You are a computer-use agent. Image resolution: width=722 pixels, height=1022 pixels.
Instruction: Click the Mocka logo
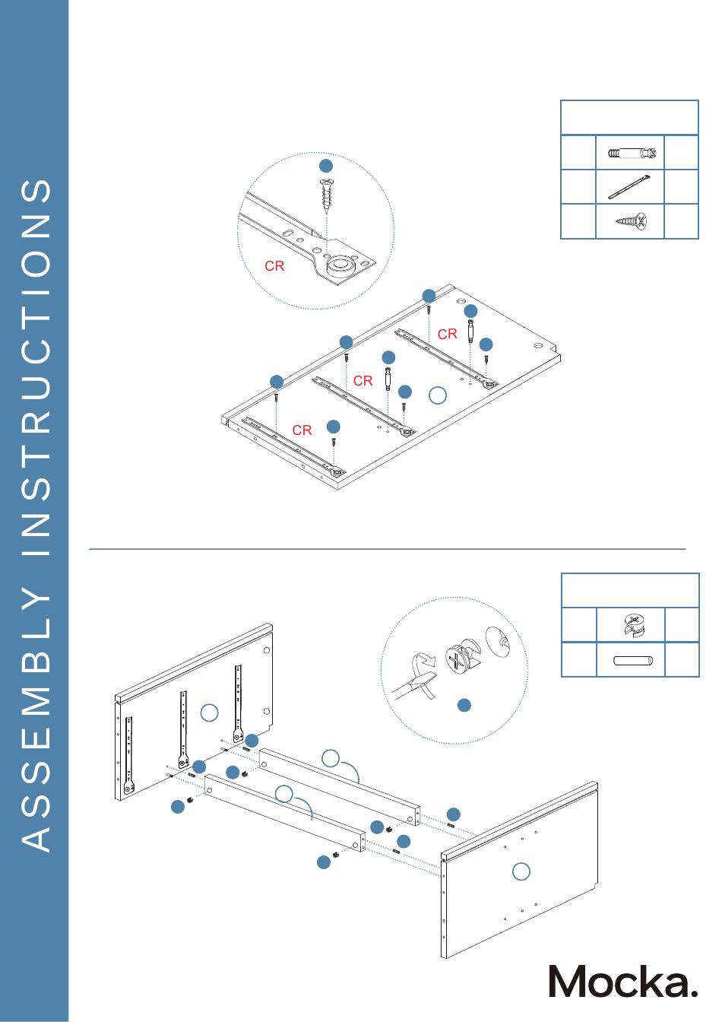coord(622,980)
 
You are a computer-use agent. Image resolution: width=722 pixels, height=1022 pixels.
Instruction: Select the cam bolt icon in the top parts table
coord(630,154)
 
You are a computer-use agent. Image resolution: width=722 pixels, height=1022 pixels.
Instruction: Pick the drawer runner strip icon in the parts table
coord(630,188)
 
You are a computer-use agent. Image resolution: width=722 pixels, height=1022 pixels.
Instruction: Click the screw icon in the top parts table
coord(630,222)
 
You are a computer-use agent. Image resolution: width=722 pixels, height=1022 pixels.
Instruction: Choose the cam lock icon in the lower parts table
coord(631,625)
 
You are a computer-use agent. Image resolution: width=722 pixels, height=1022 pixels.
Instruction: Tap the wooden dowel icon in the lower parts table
coord(631,660)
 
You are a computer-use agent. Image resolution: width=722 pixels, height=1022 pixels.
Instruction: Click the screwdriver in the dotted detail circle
coord(415,681)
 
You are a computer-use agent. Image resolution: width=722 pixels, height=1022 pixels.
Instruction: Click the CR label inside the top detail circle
coord(274,266)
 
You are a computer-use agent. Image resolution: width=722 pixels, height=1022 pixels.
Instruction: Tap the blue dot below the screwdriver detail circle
coord(464,706)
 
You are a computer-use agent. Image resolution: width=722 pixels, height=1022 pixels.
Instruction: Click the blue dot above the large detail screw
coord(325,166)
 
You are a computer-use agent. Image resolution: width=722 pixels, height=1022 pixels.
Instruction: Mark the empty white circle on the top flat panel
coord(438,395)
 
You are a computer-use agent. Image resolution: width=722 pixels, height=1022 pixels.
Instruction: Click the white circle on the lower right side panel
coord(521,871)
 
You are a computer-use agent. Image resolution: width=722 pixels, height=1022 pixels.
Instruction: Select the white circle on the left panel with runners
coord(210,713)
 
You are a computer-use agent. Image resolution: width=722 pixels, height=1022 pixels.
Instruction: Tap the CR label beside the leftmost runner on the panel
coord(302,430)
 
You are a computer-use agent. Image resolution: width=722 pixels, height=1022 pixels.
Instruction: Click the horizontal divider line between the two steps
coord(388,547)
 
